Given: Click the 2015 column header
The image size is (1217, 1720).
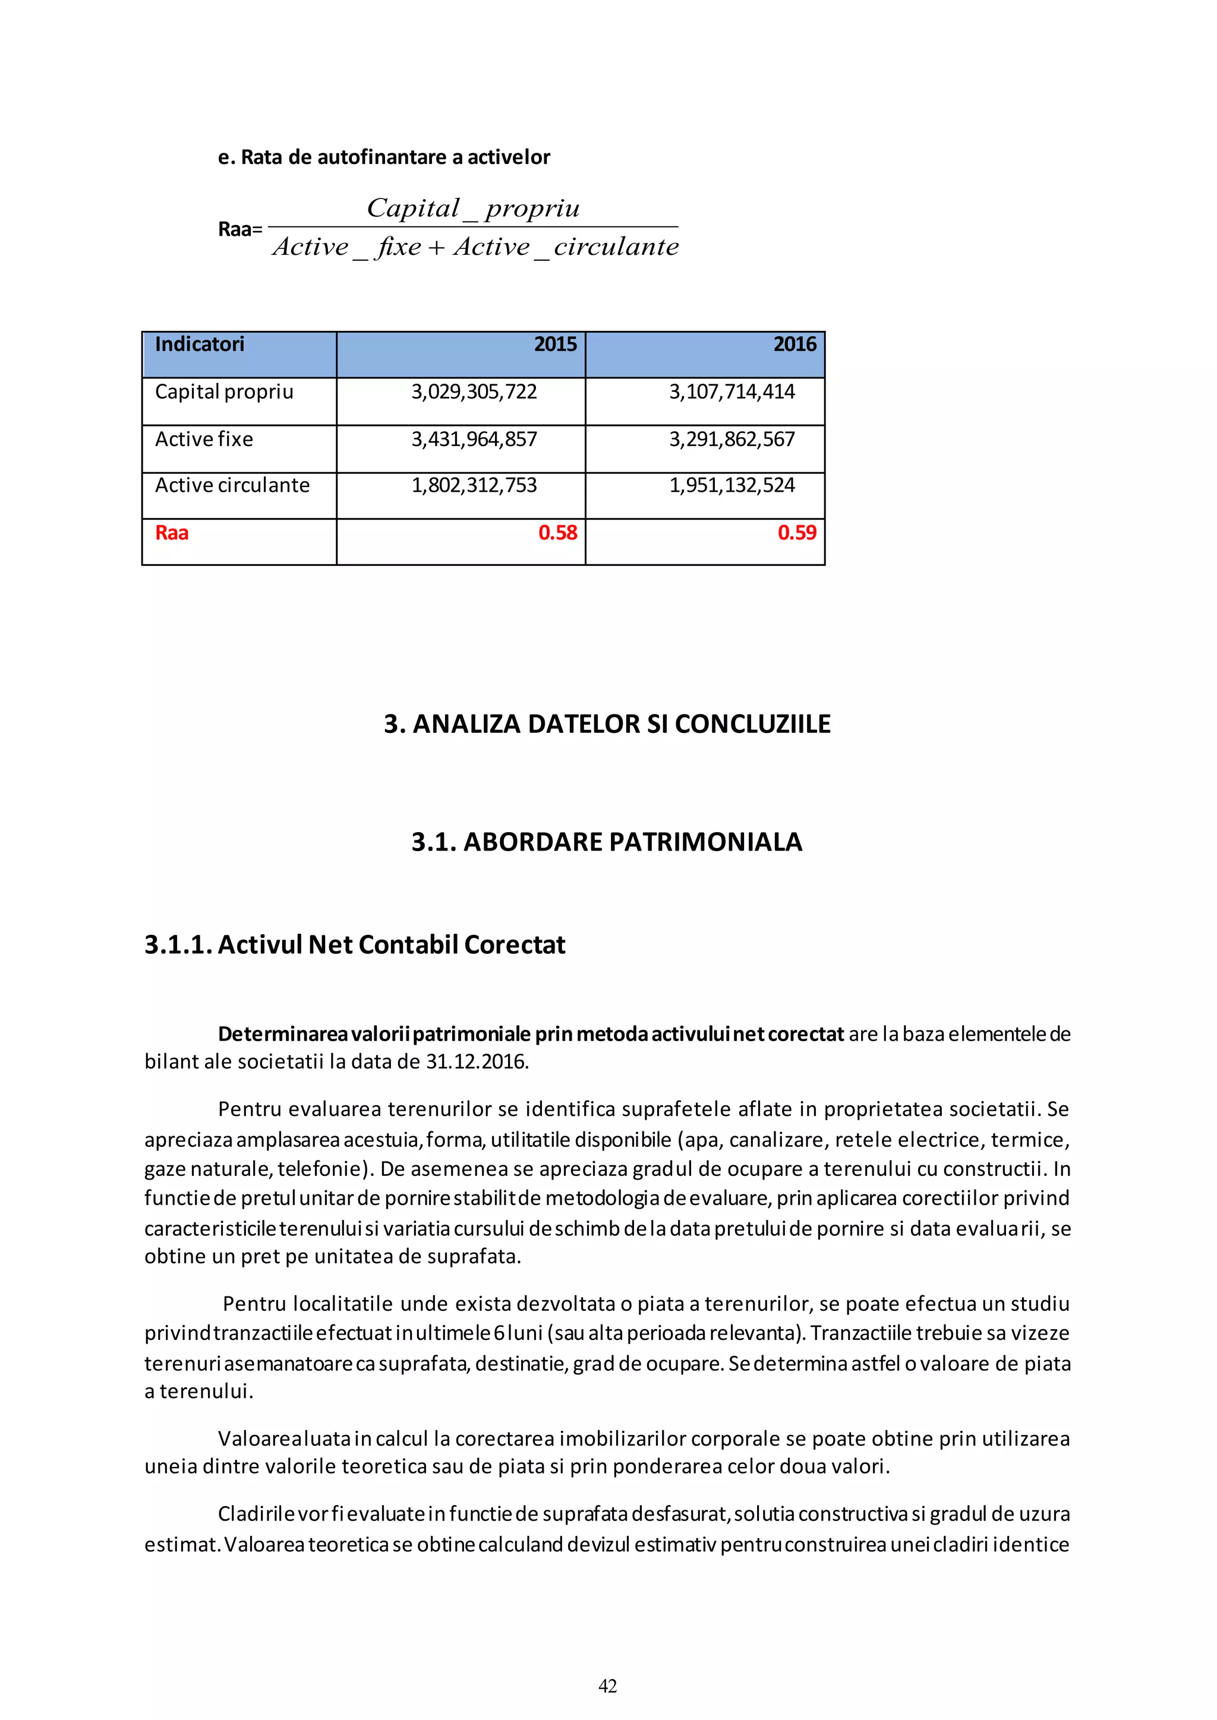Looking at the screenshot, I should pyautogui.click(x=554, y=344).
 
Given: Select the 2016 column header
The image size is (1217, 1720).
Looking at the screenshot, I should pyautogui.click(x=794, y=344).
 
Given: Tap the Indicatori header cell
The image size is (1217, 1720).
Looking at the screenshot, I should pyautogui.click(x=199, y=344).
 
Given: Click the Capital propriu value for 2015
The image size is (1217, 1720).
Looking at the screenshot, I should pyautogui.click(x=474, y=392).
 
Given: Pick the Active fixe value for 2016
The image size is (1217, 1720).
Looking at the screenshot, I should pyautogui.click(x=732, y=439).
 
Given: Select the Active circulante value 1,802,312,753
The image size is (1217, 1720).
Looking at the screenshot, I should pyautogui.click(x=474, y=485).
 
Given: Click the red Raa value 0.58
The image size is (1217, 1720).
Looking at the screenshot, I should pyautogui.click(x=557, y=533).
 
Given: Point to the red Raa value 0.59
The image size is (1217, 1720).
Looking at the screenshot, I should pyautogui.click(x=797, y=533).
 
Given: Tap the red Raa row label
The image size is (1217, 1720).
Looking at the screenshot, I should pyautogui.click(x=172, y=533).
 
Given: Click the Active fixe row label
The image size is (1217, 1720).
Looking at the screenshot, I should pyautogui.click(x=204, y=439).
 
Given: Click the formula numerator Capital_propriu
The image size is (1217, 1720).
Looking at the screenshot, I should pyautogui.click(x=473, y=208).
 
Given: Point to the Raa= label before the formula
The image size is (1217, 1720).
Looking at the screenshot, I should pyautogui.click(x=240, y=229).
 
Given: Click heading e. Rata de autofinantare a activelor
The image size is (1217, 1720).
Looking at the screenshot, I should pyautogui.click(x=384, y=157).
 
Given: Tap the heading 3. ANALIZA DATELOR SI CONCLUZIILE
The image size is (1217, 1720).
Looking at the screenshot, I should pyautogui.click(x=607, y=723).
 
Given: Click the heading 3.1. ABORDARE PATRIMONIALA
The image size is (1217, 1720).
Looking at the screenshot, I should pyautogui.click(x=607, y=842).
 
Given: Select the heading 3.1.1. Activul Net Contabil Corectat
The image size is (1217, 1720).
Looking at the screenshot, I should pyautogui.click(x=354, y=945).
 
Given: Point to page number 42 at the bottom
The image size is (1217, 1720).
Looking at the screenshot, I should pyautogui.click(x=608, y=1686).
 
